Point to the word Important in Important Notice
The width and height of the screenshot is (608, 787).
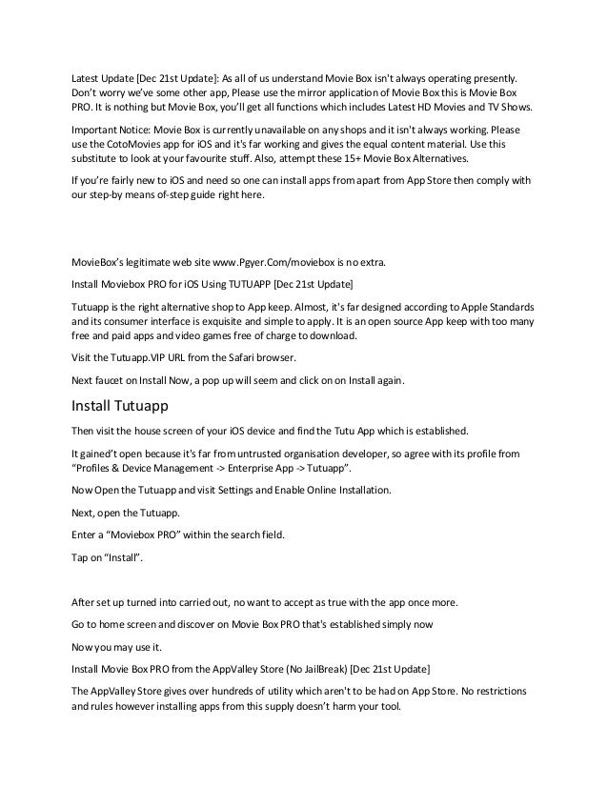(x=100, y=127)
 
